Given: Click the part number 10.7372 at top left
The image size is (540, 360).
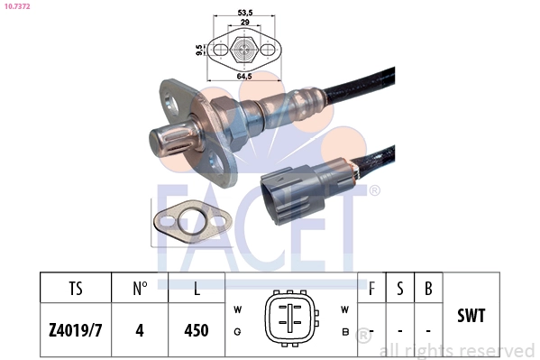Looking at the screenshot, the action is pos(17,6).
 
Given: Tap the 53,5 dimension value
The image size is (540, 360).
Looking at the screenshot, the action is pos(245,13).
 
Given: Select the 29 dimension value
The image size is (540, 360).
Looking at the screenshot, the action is pos(244,22).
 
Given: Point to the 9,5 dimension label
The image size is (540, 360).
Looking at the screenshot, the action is pos(199,50).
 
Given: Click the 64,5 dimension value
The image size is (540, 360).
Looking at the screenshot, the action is pos(244,76).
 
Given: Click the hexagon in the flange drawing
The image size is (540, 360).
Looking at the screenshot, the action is pos(244,50).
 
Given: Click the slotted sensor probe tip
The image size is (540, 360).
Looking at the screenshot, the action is pos(175,141).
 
